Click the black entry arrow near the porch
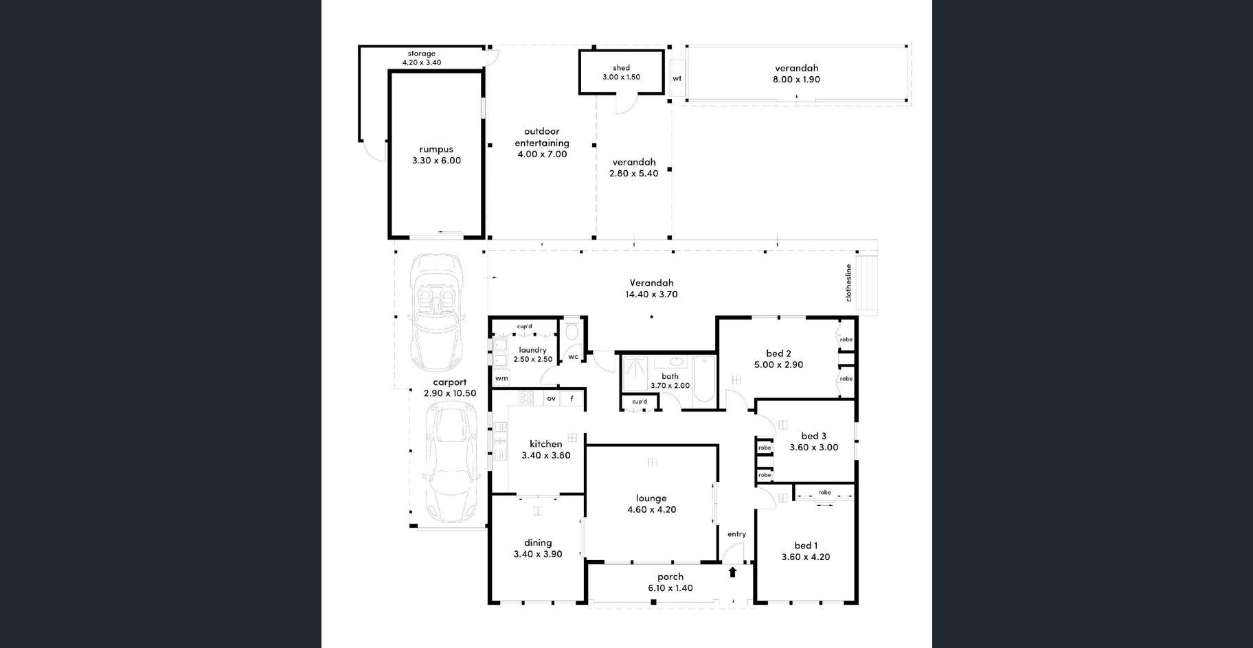tap(732, 572)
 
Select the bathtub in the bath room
tap(704, 378)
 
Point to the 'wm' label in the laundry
tap(501, 378)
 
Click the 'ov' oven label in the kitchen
tap(551, 399)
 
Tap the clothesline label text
tap(848, 283)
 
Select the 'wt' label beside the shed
tap(677, 78)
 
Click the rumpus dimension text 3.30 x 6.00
tap(436, 161)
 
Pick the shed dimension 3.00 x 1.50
tap(621, 77)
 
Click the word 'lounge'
tap(651, 498)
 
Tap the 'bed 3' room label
tap(813, 436)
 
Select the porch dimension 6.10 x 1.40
tap(670, 588)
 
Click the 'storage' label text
tap(421, 54)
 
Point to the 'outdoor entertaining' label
tap(542, 137)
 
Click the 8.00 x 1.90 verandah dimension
tap(796, 80)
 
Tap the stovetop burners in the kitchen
tap(526, 398)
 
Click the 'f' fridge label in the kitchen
tap(572, 399)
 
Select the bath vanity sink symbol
tap(677, 362)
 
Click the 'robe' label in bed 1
tap(824, 492)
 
